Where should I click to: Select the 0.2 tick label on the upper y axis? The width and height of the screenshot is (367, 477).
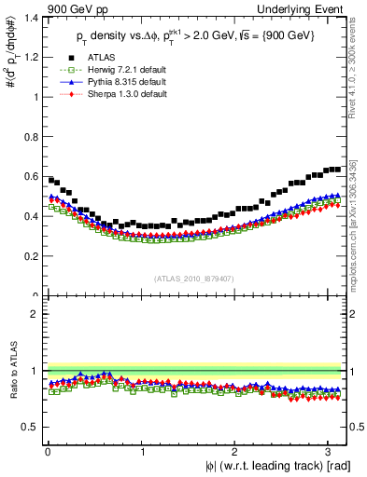(34, 255)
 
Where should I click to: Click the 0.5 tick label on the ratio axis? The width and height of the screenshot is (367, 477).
(34, 427)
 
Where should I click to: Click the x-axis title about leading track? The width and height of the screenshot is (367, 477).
(278, 466)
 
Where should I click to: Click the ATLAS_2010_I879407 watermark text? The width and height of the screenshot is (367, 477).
(194, 278)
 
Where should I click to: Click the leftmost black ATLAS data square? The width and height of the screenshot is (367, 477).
(50, 180)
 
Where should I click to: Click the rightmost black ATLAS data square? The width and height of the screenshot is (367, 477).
(337, 169)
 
